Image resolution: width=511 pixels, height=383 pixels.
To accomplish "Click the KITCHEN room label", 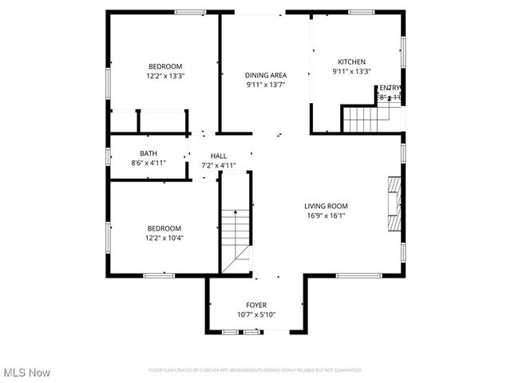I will click(351, 61).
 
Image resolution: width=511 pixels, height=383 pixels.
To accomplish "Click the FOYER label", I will click(256, 305).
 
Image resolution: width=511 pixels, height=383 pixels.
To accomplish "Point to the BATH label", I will click(148, 153).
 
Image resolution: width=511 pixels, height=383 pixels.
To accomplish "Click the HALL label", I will click(219, 156).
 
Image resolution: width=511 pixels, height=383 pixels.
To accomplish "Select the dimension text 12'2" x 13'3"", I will click(165, 76).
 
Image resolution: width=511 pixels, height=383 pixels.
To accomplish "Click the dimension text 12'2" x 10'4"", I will click(164, 238).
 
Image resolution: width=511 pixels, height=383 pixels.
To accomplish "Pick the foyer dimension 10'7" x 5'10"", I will click(256, 314).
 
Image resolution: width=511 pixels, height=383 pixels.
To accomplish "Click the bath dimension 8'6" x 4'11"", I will click(148, 163).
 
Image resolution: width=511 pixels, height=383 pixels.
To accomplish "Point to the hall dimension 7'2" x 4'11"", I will click(219, 165).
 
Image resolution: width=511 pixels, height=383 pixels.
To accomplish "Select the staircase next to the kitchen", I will click(363, 120).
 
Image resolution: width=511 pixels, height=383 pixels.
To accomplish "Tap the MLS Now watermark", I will click(26, 373).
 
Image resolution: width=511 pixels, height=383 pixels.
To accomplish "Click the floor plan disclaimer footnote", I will click(255, 370).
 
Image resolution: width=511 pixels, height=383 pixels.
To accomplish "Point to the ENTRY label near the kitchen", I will click(390, 88).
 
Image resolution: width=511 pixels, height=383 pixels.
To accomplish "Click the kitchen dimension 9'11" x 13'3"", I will click(351, 71).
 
